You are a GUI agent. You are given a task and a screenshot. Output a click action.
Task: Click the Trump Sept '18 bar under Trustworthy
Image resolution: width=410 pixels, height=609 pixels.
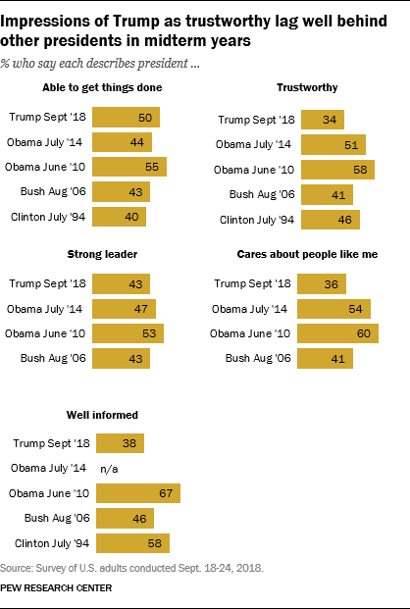coord(322,121)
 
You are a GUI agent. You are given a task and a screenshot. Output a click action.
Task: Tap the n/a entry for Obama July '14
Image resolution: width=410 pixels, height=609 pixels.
coord(110,468)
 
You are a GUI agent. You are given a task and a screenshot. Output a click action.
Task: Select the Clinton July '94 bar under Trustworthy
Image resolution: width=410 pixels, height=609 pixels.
coord(328,217)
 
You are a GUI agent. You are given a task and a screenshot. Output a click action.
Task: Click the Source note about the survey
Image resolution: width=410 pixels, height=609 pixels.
coord(133,568)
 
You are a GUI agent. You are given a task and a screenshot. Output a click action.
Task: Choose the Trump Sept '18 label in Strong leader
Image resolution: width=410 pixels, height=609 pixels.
coord(51,285)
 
